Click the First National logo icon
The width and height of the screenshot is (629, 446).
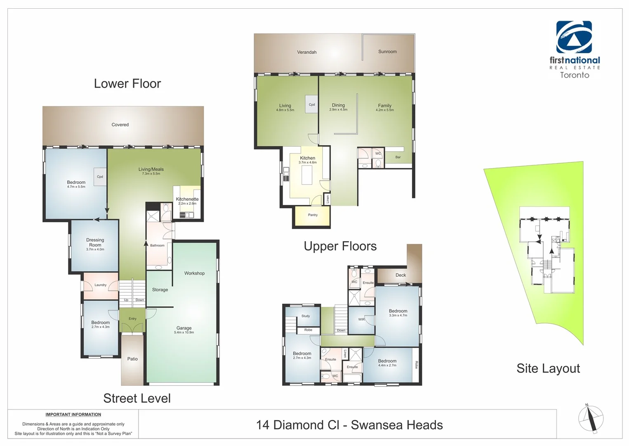(574, 37)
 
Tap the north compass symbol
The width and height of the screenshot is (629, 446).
(591, 419)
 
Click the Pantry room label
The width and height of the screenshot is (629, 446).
(313, 215)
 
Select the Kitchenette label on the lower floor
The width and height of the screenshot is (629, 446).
(187, 199)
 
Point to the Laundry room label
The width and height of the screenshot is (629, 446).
(100, 285)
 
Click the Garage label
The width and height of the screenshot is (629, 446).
(184, 328)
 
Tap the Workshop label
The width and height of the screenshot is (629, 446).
(194, 273)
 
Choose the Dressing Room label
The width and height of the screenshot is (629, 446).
(95, 242)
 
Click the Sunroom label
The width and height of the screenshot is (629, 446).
(387, 52)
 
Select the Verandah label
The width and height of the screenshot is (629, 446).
(307, 52)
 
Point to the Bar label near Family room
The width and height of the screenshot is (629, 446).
(398, 157)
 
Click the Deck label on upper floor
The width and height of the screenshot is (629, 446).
(400, 275)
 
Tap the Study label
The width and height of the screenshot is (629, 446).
(306, 316)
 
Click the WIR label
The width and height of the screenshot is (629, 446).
(361, 319)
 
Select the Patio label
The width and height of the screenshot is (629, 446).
(132, 359)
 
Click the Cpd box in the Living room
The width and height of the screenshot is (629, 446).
(312, 104)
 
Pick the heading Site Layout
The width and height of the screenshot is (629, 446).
(548, 368)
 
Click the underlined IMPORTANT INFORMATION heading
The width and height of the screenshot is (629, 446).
(73, 415)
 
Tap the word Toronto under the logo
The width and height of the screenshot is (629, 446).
(574, 75)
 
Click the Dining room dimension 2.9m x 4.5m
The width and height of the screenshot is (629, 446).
(338, 110)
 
